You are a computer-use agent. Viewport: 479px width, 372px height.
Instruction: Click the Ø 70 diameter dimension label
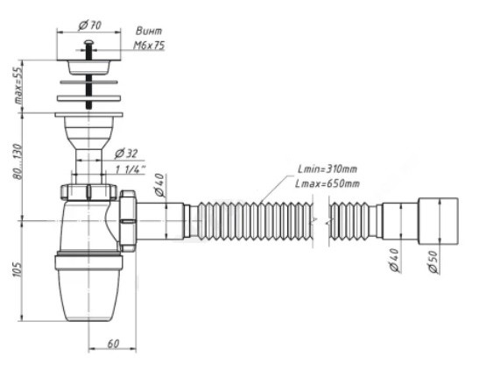tap(90, 25)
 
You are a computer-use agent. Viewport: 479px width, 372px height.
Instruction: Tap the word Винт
tap(149, 31)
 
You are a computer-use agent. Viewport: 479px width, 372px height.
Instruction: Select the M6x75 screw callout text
tap(149, 46)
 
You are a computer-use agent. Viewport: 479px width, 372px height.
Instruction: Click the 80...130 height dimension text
tap(18, 161)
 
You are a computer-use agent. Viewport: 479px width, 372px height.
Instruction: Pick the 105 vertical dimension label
tap(18, 269)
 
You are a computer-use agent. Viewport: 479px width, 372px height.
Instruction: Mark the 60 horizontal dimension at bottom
tap(113, 344)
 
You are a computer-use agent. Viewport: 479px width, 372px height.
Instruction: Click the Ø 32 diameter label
tap(126, 154)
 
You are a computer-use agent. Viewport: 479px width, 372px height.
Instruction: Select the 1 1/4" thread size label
tap(130, 169)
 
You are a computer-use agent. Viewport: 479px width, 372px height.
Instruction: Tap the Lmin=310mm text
tap(328, 168)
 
